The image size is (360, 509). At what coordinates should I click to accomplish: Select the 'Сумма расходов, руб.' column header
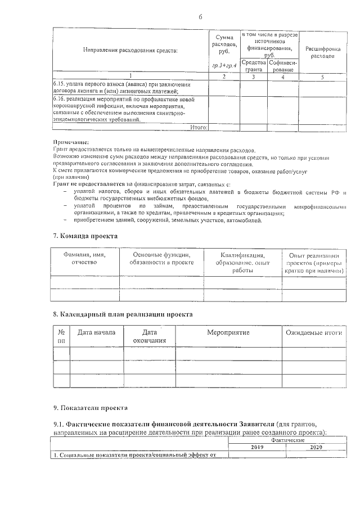pyautogui.click(x=224, y=44)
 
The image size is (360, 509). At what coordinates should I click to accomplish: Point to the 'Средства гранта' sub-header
pyautogui.click(x=254, y=65)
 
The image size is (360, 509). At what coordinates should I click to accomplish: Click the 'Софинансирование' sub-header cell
pyautogui.click(x=283, y=65)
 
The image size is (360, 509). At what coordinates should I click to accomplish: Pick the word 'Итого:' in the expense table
pyautogui.click(x=199, y=128)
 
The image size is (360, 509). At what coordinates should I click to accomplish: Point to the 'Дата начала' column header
pyautogui.click(x=96, y=332)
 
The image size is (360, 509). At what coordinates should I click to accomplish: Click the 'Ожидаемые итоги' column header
pyautogui.click(x=313, y=333)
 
